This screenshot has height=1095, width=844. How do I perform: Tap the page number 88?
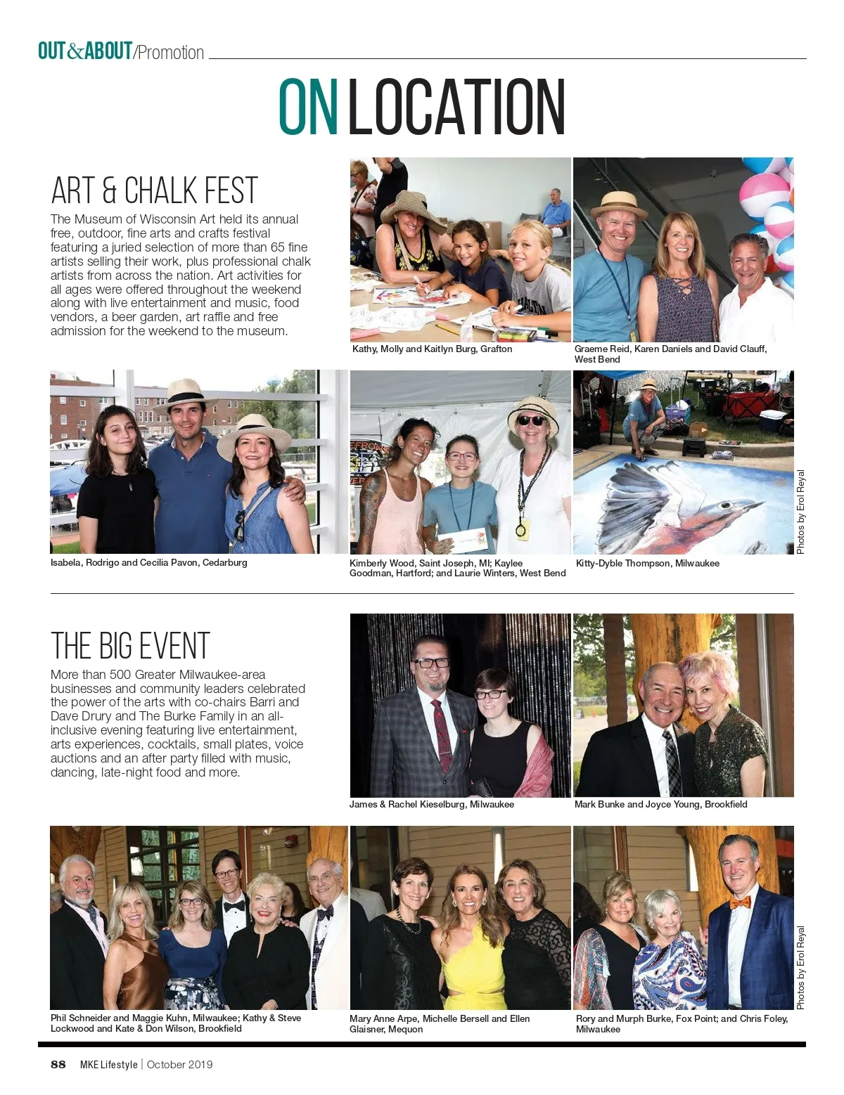58,1064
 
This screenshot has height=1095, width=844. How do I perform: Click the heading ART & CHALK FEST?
154,190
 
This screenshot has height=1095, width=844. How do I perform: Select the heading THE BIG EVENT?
130,646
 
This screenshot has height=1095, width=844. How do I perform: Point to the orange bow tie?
740,902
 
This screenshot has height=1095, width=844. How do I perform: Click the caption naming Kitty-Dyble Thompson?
647,563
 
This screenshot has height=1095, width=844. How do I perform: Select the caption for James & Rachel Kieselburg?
431,804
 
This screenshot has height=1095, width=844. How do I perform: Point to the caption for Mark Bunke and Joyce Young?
660,804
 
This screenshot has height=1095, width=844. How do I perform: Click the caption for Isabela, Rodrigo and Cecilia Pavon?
149,562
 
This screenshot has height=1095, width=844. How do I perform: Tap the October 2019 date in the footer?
179,1064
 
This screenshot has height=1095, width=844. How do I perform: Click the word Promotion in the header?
171,53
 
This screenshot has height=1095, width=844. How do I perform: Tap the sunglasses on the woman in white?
530,420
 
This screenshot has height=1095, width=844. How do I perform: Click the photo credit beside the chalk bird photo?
800,512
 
